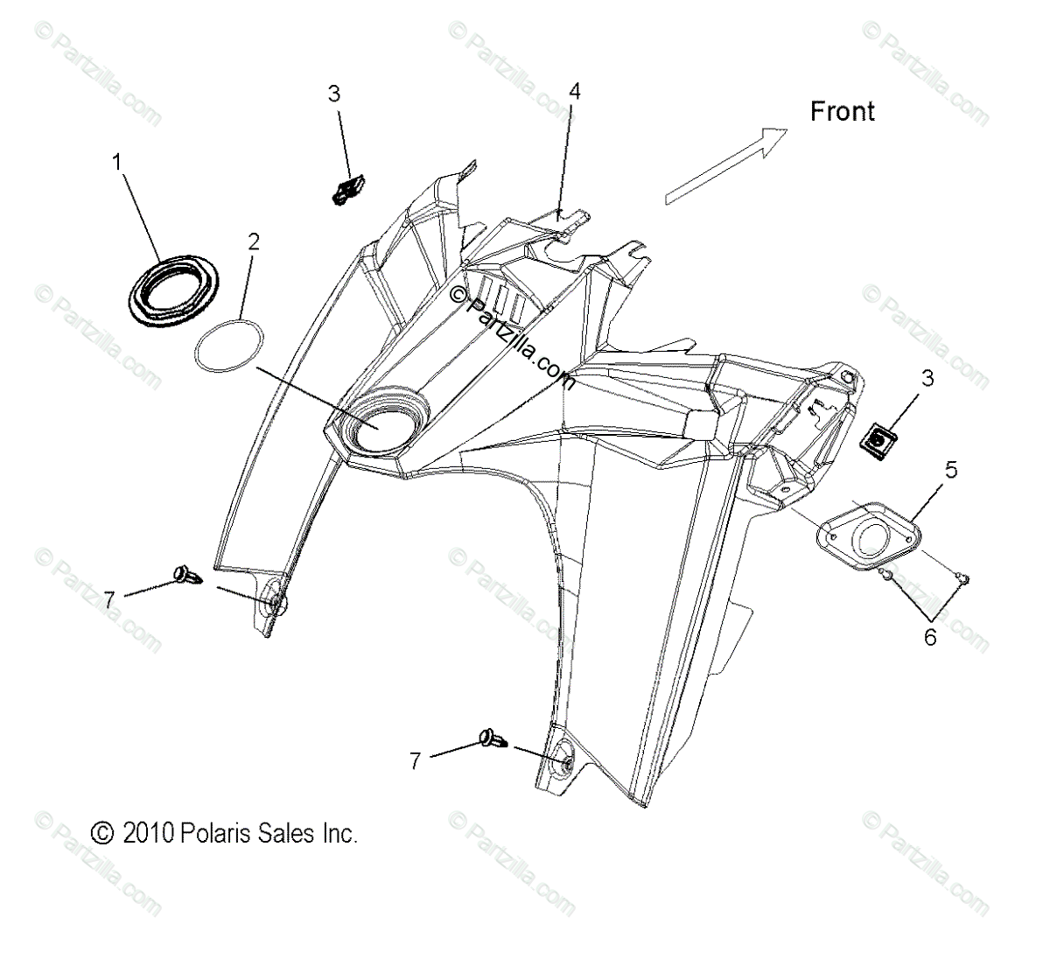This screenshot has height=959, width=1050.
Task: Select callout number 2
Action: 253,242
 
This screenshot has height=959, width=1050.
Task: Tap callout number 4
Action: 574,91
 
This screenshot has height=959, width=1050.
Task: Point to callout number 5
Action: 950,470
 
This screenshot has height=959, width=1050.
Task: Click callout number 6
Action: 929,637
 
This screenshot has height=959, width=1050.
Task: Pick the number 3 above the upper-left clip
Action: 334,94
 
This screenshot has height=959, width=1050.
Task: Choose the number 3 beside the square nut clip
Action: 903,379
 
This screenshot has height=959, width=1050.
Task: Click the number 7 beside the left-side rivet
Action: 109,599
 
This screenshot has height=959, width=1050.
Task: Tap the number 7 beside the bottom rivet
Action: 415,761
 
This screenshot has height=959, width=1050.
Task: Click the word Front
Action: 842,111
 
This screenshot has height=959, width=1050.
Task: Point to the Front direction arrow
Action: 726,166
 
